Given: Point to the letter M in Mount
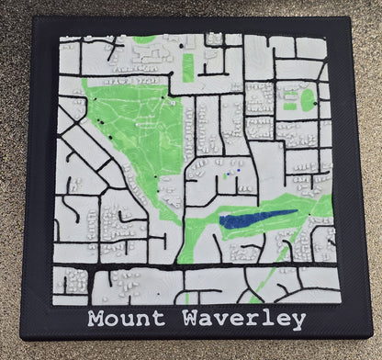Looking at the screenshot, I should (x=95, y=320).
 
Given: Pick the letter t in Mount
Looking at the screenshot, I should (x=159, y=320).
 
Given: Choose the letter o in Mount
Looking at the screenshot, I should (x=112, y=321).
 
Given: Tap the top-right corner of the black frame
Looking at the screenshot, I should (x=354, y=17).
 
